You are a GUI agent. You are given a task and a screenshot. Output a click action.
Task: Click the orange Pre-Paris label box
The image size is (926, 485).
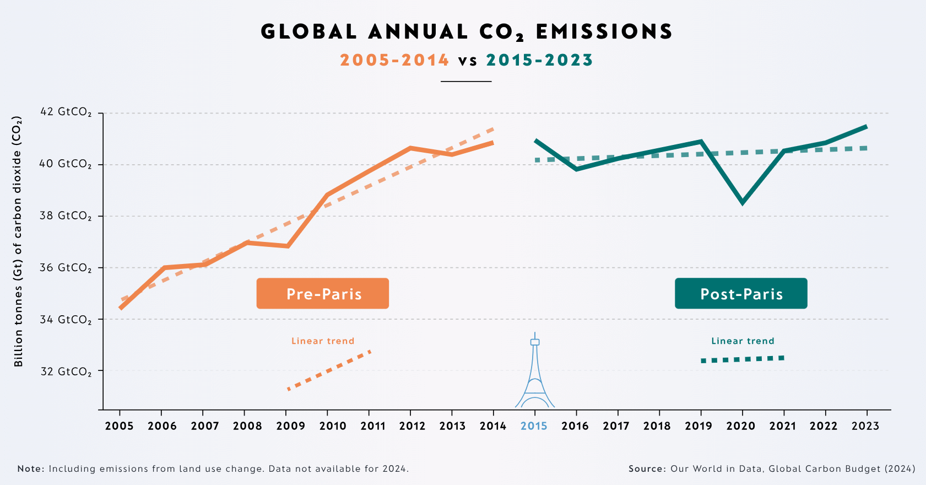[x=323, y=293]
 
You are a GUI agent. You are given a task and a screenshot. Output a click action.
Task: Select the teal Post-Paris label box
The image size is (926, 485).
[x=741, y=293]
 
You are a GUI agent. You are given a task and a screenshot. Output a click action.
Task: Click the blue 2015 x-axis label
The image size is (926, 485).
[x=534, y=425]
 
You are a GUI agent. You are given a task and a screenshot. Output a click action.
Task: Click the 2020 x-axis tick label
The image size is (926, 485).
[x=741, y=425]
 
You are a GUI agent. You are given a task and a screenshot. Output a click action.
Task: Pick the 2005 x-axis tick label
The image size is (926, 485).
[x=119, y=425]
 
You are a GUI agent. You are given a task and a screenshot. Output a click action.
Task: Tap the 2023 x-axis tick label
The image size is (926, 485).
[x=865, y=425]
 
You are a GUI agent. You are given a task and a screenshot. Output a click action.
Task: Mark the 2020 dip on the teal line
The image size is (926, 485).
[x=743, y=202]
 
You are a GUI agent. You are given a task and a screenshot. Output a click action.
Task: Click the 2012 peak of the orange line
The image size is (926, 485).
[x=410, y=148]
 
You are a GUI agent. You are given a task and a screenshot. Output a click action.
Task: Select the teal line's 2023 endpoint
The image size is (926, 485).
[x=867, y=127]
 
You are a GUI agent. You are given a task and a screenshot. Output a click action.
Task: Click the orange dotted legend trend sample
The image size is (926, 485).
[x=329, y=370]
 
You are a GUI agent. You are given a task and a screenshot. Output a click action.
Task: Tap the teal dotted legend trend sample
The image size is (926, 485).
[x=743, y=359]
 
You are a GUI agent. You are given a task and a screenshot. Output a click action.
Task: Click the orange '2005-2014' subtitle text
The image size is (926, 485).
[x=394, y=60]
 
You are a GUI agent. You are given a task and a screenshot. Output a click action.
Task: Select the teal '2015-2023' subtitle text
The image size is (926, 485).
[x=539, y=60]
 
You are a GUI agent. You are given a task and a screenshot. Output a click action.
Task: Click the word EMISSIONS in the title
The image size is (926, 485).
[x=604, y=32]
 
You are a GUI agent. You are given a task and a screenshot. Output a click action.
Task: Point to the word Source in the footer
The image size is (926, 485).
[x=647, y=469]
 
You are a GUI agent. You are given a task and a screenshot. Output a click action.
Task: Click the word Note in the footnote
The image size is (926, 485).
[x=30, y=469]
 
